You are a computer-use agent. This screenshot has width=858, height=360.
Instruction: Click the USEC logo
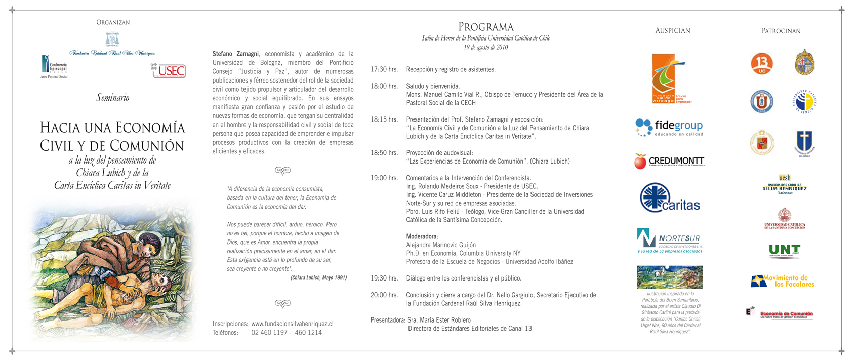(x=169, y=71)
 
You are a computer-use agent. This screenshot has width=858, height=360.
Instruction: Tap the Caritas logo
(x=670, y=198)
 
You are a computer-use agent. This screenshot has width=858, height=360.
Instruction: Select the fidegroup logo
(x=669, y=127)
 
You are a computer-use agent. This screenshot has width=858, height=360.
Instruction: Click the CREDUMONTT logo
(x=669, y=162)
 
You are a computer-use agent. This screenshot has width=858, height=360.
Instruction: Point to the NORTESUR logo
(x=669, y=241)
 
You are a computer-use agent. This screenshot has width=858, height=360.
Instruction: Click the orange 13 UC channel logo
(x=761, y=64)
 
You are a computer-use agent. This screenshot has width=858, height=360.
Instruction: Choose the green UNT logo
(x=784, y=251)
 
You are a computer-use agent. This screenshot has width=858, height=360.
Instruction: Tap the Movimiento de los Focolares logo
(x=783, y=281)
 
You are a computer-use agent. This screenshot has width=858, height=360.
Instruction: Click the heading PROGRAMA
(x=485, y=27)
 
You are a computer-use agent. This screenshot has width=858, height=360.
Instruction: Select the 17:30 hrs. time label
(x=384, y=69)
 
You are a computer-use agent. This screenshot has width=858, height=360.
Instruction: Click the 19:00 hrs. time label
(x=384, y=178)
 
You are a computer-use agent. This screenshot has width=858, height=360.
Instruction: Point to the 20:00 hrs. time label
(x=384, y=295)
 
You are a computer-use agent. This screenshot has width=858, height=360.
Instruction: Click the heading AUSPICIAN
(x=672, y=31)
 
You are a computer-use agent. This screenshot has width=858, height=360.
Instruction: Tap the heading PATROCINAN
(x=781, y=31)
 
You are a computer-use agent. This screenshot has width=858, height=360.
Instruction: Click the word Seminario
(x=113, y=98)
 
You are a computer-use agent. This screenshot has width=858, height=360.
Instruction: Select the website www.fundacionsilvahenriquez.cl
(x=292, y=324)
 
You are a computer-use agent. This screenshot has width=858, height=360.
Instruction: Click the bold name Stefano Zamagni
(x=235, y=54)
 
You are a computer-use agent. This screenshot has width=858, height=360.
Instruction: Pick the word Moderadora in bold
(x=422, y=236)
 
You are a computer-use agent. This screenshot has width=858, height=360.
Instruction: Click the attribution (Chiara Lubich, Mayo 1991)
(x=318, y=278)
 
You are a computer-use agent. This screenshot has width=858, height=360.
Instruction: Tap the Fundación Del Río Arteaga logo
(x=669, y=79)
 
